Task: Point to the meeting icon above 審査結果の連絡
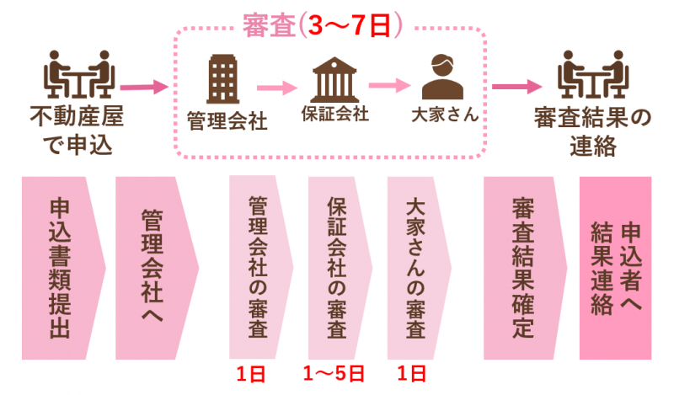coord(593,73)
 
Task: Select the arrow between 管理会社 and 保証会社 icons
coord(277,86)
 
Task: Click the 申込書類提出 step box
coord(61,268)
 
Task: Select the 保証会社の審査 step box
coord(337,268)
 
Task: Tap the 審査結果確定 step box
coord(521,268)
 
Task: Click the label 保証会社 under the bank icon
coord(334,114)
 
